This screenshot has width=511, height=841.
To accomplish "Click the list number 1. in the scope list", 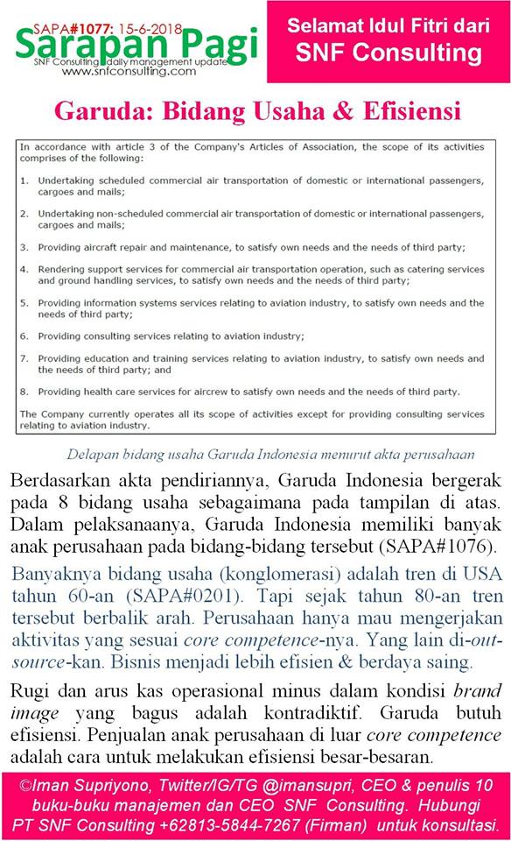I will pos(25,180).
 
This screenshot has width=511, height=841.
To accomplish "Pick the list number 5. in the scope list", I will pos(25,303).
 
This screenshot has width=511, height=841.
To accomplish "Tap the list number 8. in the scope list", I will pos(25,392).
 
